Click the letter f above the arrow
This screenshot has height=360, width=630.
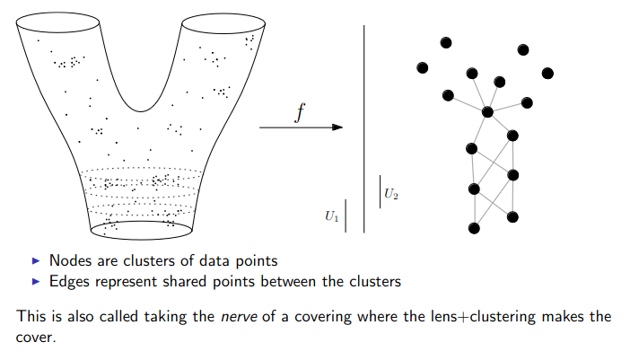(x=300, y=112)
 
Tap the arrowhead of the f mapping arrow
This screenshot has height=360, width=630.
(x=337, y=127)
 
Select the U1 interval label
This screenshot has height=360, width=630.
(x=332, y=216)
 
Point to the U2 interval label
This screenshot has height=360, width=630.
(x=391, y=194)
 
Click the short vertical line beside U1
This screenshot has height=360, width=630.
(x=346, y=215)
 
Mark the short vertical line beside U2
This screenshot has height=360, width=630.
(x=381, y=191)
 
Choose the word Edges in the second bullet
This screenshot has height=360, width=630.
(x=69, y=282)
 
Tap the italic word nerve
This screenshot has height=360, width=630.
(x=239, y=317)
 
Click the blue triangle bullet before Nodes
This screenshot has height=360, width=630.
(x=36, y=260)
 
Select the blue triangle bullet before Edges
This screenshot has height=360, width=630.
(x=36, y=281)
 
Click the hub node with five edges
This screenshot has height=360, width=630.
(x=487, y=111)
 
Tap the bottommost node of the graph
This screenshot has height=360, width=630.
(x=474, y=228)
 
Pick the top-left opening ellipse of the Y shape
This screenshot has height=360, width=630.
(x=57, y=22)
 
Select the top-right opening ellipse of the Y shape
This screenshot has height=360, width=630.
(x=223, y=23)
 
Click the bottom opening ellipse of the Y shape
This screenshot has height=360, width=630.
(x=142, y=230)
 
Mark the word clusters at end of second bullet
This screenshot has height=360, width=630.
(x=375, y=282)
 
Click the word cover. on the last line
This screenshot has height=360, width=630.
(x=36, y=338)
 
